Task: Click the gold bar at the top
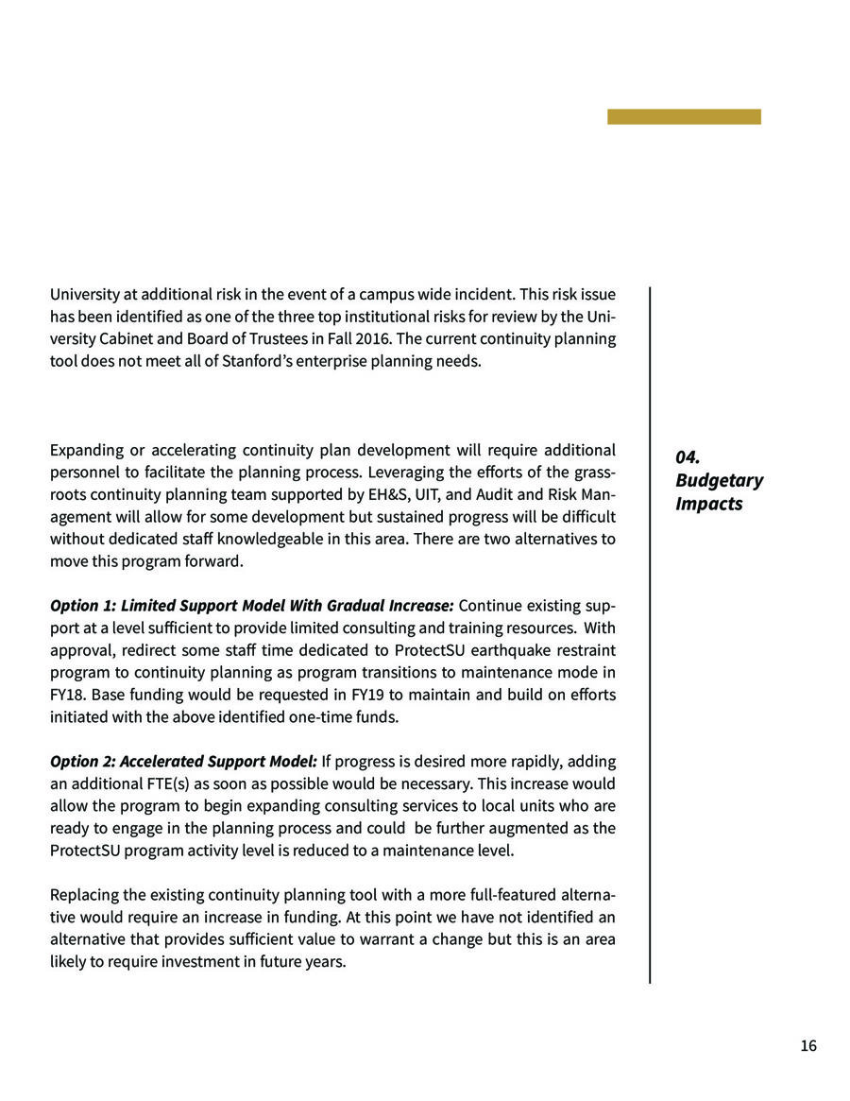(684, 116)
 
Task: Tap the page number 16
(807, 1045)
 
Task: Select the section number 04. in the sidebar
(688, 457)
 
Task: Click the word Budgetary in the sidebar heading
(719, 480)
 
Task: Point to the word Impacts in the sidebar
(708, 504)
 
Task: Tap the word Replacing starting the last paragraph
(84, 895)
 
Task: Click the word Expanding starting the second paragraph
(86, 450)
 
